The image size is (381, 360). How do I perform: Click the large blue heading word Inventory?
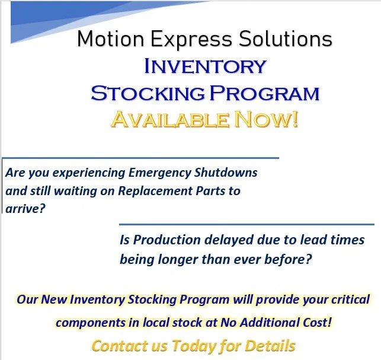click(x=204, y=66)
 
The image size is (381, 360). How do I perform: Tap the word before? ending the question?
click(x=286, y=259)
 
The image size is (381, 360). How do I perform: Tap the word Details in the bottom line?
click(x=270, y=346)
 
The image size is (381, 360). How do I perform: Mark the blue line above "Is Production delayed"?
click(x=246, y=225)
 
